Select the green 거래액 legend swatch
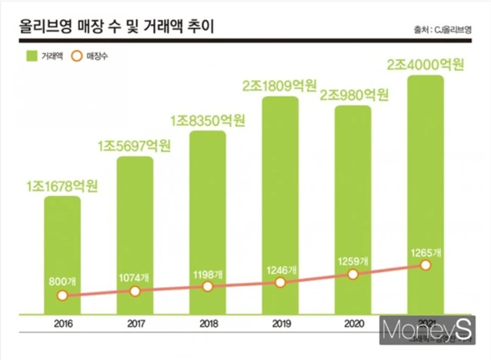pos(32,56)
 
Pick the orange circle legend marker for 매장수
pos(77,56)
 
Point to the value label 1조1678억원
pos(62,185)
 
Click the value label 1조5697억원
pos(135,146)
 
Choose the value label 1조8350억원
pos(208,119)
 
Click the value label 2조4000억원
pos(426,65)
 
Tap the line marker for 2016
pos(62,295)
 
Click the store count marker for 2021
pos(426,265)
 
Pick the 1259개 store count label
pos(353,260)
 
